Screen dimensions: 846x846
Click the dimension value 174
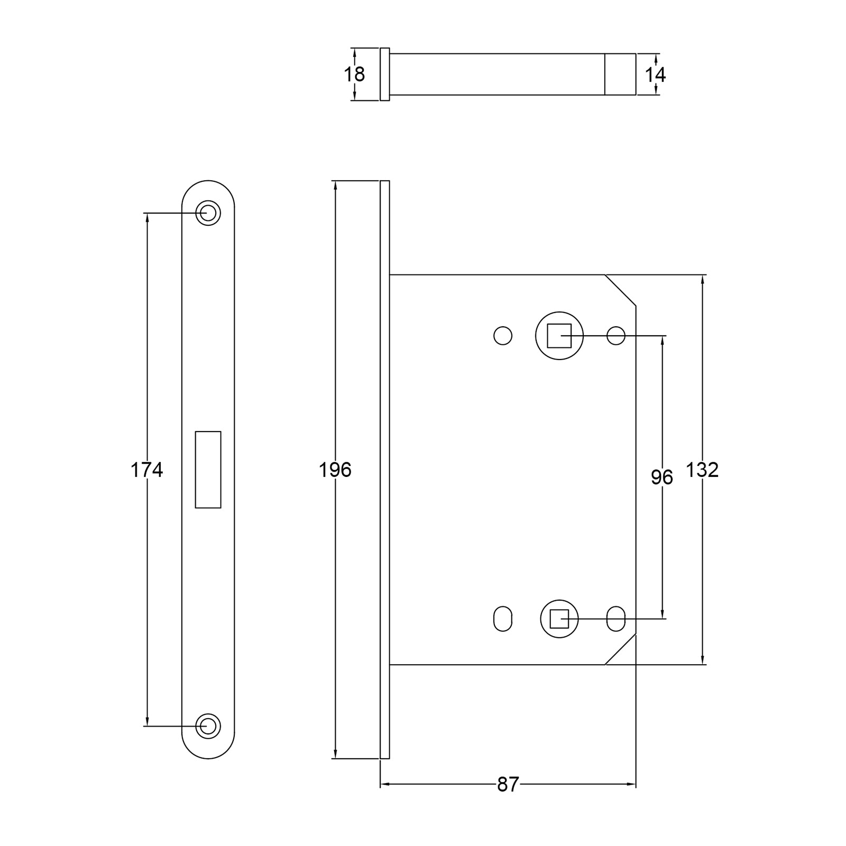146,470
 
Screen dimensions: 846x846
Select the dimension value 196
335,470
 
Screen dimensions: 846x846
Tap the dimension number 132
702,470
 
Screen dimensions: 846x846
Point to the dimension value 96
661,477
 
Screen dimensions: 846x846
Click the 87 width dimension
508,785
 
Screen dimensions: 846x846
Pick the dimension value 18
354,75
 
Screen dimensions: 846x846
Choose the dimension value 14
655,75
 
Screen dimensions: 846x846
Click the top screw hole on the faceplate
208,213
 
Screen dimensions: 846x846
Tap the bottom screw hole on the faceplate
208,726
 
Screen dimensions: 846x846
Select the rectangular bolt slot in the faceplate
208,470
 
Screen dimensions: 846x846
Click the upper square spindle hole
559,336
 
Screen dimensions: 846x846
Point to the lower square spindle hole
559,619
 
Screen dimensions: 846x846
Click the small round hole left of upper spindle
503,336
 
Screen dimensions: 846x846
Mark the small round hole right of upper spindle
616,336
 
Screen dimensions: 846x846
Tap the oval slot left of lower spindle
503,619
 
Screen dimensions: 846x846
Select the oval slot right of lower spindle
616,619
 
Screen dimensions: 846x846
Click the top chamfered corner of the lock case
620,290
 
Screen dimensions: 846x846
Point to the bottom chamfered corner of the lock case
620,649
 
